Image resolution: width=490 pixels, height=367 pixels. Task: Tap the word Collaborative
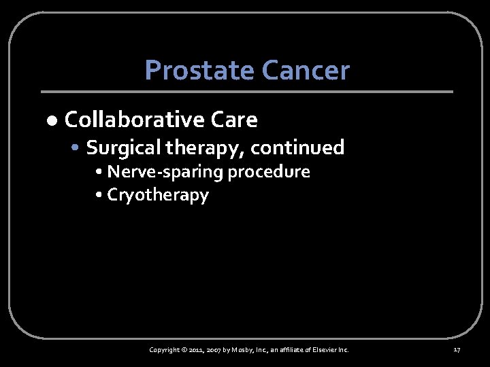134,120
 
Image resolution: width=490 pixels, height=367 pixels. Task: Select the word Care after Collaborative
234,120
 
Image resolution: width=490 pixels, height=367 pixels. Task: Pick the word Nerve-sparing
165,172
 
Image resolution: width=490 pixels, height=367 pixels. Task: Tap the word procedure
269,172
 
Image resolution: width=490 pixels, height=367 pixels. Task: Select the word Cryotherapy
158,196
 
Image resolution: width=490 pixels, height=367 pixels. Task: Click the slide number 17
457,350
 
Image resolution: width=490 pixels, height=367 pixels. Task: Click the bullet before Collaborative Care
52,121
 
